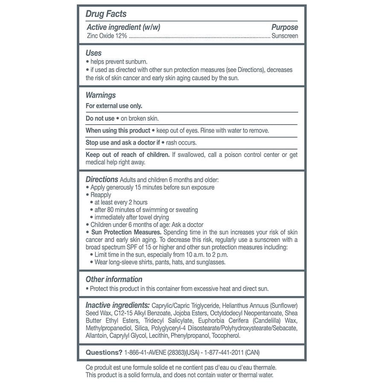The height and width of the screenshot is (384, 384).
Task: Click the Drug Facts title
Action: [x=106, y=14]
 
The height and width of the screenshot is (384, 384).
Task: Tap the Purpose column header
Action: [x=285, y=27]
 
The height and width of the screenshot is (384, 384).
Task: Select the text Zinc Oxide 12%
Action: [x=106, y=36]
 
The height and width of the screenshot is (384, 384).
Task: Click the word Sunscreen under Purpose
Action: [x=285, y=36]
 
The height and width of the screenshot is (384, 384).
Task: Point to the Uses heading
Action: [x=93, y=53]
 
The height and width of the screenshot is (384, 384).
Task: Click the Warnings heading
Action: [x=101, y=95]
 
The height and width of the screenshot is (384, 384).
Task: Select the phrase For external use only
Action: [x=114, y=106]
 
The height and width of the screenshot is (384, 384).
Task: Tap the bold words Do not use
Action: [x=100, y=118]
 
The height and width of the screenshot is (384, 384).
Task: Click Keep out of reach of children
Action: [x=128, y=154]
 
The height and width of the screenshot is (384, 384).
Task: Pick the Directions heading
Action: [x=102, y=179]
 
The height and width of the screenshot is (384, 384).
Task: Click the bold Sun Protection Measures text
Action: [x=126, y=232]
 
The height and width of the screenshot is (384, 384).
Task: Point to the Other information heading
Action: [x=114, y=279]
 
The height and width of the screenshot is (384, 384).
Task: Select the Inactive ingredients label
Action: [x=117, y=305]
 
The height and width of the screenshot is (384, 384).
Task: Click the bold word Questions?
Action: [x=104, y=352]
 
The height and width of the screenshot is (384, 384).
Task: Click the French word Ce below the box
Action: [x=90, y=367]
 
